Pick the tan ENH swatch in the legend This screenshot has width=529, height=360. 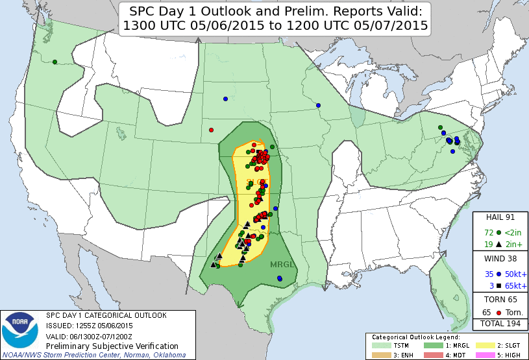click(x=377, y=354)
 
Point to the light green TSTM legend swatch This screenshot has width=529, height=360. click(x=377, y=345)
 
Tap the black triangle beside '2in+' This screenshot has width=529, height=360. click(x=498, y=245)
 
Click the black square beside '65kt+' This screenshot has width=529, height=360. click(x=498, y=285)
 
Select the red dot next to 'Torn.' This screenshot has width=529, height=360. click(x=498, y=312)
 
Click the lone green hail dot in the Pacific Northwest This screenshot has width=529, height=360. click(x=55, y=62)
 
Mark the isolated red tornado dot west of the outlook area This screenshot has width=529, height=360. click(x=211, y=130)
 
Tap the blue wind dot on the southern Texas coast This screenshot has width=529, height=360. click(x=280, y=278)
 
